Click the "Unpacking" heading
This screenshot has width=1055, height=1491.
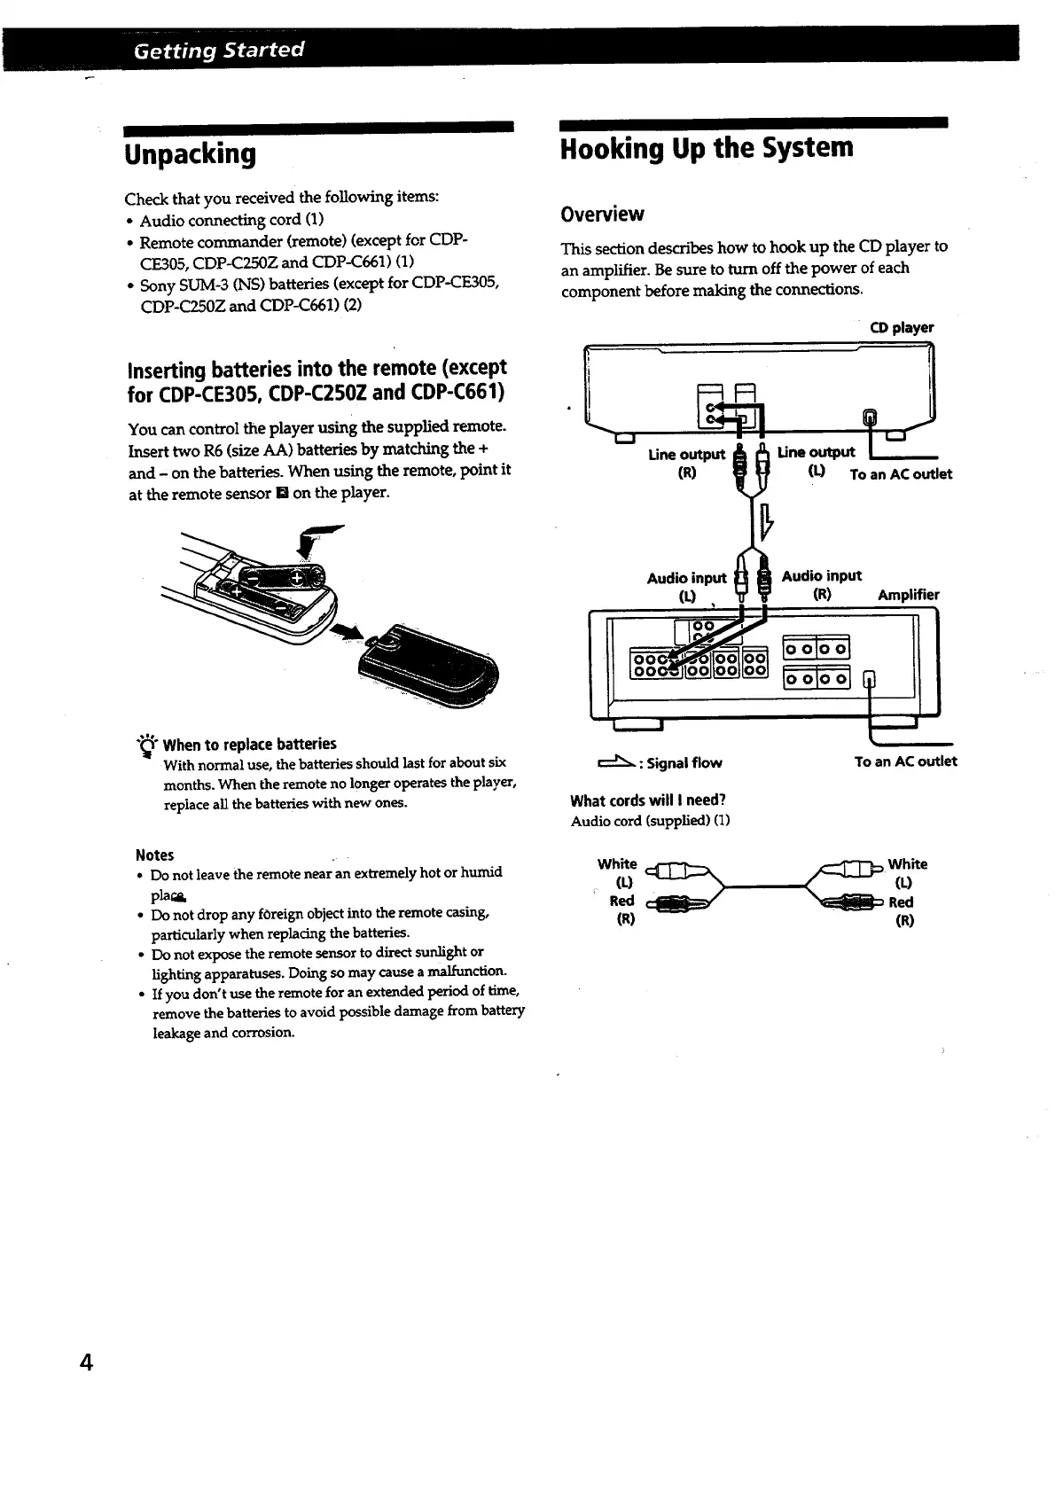pos(191,154)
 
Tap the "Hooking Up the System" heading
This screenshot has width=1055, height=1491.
pos(707,148)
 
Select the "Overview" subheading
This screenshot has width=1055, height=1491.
pos(602,215)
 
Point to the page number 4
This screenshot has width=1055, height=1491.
pos(86,1362)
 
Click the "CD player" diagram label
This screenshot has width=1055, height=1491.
pos(902,328)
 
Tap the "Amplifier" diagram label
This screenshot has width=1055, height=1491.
pos(908,595)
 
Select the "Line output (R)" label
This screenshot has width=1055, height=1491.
pos(686,463)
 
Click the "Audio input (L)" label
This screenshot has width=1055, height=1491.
pos(686,587)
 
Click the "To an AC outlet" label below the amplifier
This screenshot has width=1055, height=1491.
pos(905,761)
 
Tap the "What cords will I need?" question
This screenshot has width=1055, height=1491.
pos(648,801)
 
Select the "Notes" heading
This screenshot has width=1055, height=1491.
pos(154,855)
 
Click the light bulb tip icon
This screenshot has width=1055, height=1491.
pos(145,745)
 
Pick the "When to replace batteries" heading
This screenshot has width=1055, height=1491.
pos(250,744)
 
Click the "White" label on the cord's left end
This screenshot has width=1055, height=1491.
pos(617,864)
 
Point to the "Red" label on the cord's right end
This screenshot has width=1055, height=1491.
pos(901,902)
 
